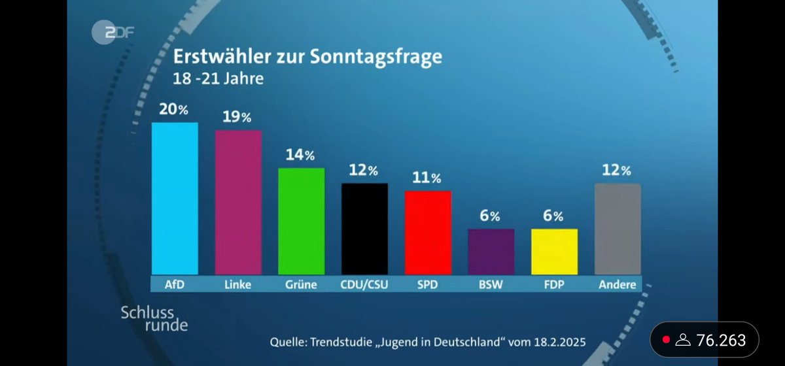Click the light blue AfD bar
pos(175,199)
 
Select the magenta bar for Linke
pos(238,203)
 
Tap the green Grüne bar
pos(302,222)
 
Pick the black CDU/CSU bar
pos(365,229)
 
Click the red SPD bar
pos(428,233)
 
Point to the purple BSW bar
pos(491,252)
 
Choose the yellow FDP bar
pos(555,252)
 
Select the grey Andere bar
pos(618,229)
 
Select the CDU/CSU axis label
pos(364,284)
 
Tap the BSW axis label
pos(491,284)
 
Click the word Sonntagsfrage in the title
pos(381,57)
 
